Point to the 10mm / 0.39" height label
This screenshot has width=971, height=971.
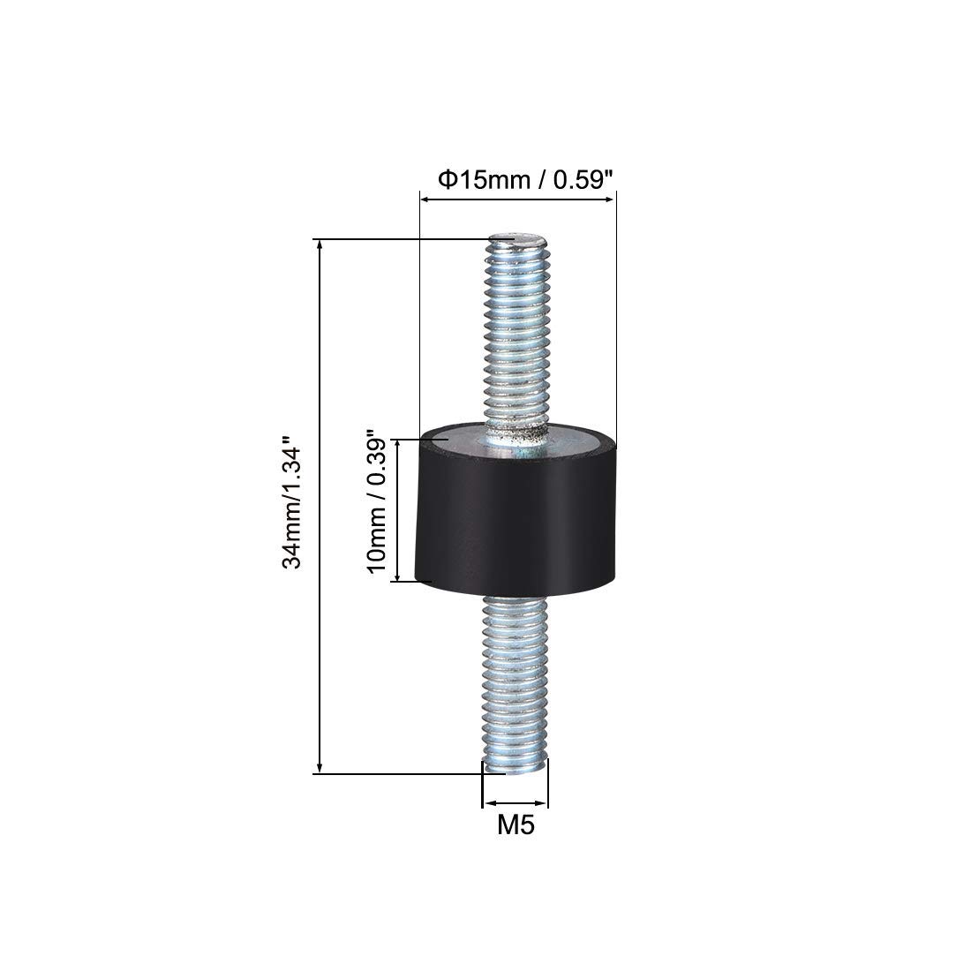tap(375, 504)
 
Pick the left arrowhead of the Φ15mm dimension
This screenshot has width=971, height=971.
tap(425, 201)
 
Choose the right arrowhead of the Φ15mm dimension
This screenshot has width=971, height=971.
tap(610, 201)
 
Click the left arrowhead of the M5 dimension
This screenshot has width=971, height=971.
tap(486, 805)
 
